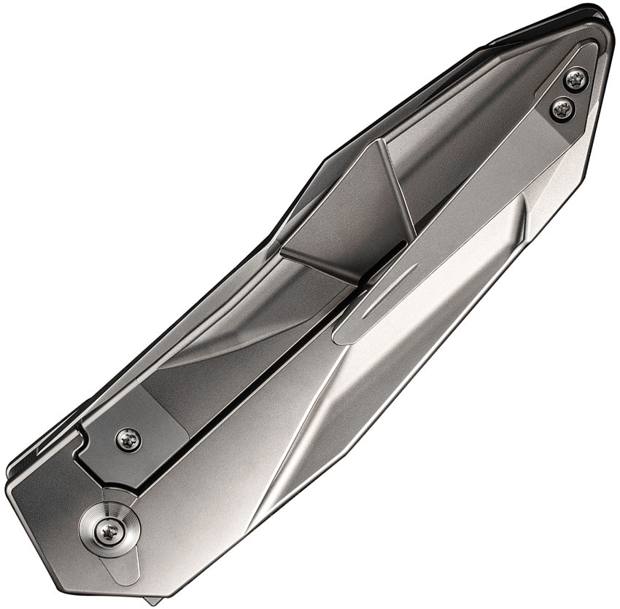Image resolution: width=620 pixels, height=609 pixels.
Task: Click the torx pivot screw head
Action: point(109,530)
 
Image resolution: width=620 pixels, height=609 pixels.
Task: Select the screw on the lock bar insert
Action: point(128,439)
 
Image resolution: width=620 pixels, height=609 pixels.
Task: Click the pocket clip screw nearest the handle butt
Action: point(576,79)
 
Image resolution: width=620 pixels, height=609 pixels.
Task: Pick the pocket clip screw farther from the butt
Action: point(561,110)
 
